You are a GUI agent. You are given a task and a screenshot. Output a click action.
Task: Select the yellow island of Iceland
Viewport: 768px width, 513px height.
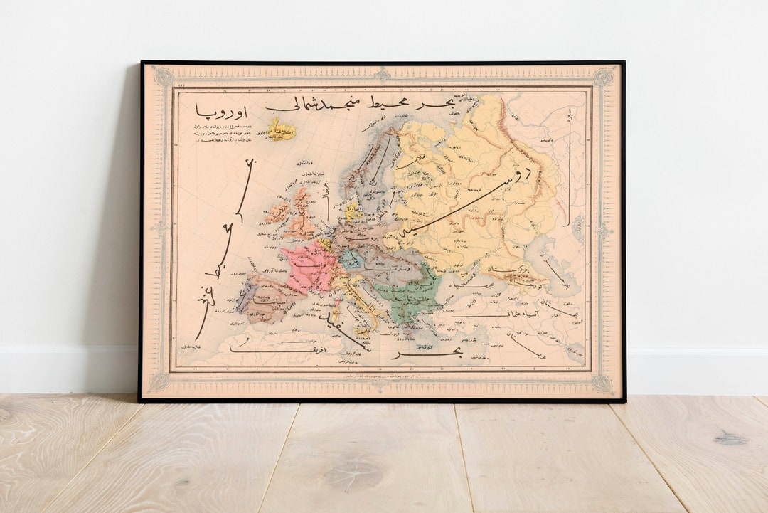click(x=280, y=129)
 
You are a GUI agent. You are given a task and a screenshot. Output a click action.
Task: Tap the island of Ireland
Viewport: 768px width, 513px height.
click(x=278, y=213)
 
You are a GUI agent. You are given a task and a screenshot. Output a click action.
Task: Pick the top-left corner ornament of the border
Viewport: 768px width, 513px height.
click(x=162, y=75)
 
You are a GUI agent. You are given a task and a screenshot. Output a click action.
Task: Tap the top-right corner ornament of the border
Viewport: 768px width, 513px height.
click(x=604, y=75)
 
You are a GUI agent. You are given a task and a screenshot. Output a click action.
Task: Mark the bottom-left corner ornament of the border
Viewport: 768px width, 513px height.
click(x=160, y=383)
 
